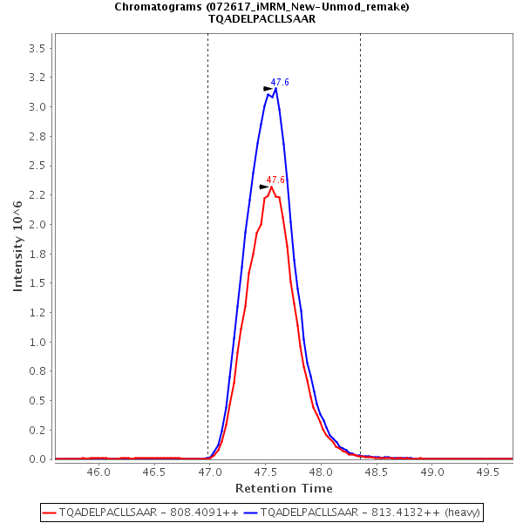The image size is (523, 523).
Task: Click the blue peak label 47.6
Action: (x=280, y=82)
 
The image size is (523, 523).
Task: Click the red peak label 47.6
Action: (x=275, y=180)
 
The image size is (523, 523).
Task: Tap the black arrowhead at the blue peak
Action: (x=268, y=88)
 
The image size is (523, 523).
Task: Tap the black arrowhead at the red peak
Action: (x=264, y=187)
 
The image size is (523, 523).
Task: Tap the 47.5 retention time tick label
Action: (x=265, y=472)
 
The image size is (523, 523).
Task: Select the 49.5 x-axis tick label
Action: (x=487, y=472)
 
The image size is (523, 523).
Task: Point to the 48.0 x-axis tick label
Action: (x=321, y=472)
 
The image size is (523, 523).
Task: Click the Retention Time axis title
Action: (x=283, y=488)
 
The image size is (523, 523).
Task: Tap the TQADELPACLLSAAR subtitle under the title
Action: (x=261, y=19)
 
